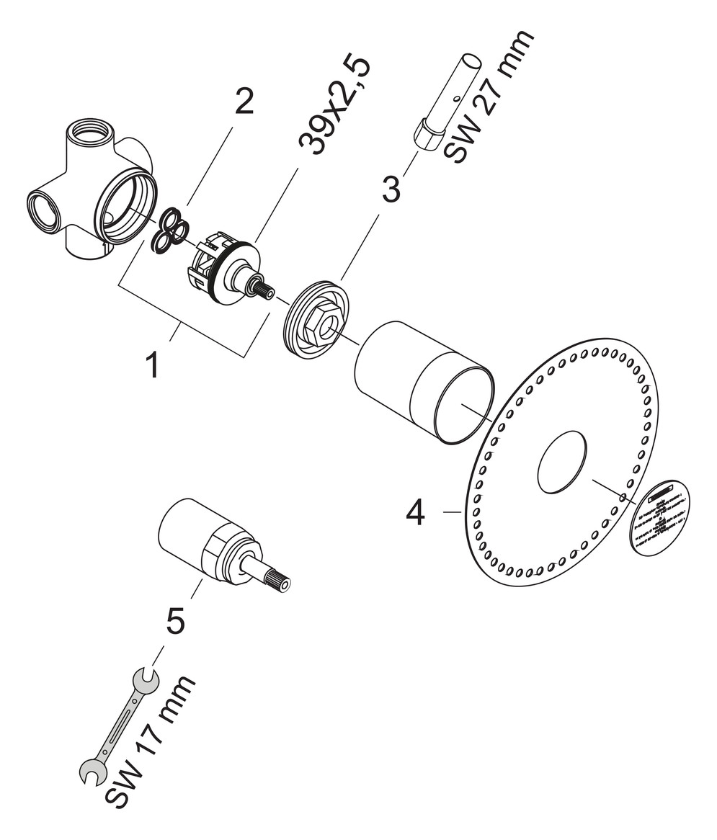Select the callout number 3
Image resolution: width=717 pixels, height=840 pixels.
click(x=390, y=189)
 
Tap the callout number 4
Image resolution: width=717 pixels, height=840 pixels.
click(x=417, y=512)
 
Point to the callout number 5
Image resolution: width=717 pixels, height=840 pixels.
click(x=176, y=620)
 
